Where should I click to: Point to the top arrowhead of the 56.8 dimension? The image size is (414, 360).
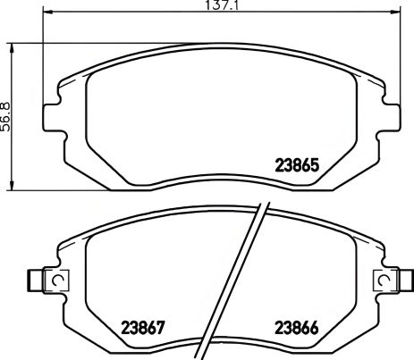coord(13,45)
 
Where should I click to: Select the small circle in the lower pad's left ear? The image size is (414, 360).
coord(57,280)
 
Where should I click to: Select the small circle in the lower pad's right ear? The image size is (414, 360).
coord(386,280)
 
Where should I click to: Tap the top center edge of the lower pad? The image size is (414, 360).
coord(222,211)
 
